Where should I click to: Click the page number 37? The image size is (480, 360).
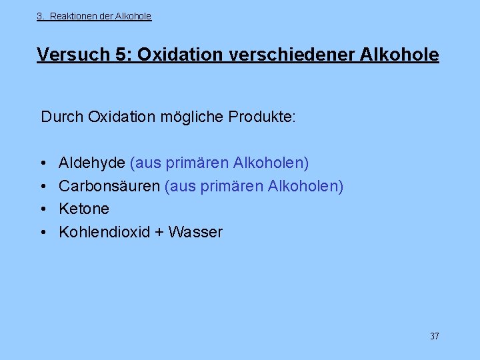point(434,336)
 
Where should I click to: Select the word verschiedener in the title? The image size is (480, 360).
point(291,55)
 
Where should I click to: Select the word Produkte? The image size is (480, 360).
point(262,117)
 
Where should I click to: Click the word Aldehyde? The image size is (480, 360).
point(92,163)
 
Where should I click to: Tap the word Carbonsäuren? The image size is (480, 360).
point(109,186)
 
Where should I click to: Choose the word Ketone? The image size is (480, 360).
point(84,209)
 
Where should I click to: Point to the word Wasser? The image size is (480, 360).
point(195,233)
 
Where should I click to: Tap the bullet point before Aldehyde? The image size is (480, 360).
point(43,163)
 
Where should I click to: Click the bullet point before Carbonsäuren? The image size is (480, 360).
point(43,187)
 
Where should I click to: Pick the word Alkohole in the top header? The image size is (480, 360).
point(133,16)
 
